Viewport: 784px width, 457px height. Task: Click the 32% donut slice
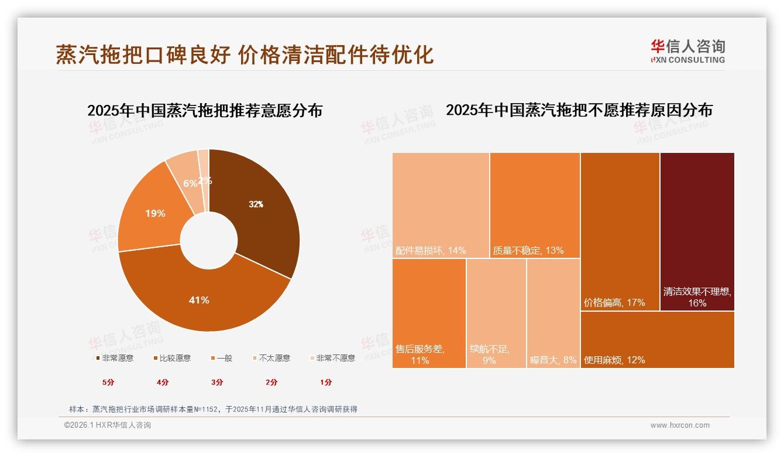(257, 211)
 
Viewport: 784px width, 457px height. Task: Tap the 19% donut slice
(153, 216)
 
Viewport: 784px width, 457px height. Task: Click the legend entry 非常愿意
(115, 358)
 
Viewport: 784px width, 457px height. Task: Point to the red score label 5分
(108, 382)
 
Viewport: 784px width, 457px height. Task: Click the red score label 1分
(326, 382)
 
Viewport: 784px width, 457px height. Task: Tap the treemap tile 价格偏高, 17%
(620, 231)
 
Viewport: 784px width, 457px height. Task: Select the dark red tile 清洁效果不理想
(697, 231)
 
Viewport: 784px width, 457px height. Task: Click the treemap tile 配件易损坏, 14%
(441, 205)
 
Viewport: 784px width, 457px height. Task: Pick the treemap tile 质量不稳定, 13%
(535, 205)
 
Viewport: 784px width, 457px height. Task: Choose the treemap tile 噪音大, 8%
(553, 313)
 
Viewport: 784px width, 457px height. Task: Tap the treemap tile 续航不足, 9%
(496, 313)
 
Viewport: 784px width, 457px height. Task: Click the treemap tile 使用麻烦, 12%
(657, 340)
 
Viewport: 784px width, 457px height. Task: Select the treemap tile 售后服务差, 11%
(429, 313)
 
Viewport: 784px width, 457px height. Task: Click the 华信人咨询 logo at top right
(687, 51)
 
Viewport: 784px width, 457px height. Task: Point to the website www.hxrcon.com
(680, 425)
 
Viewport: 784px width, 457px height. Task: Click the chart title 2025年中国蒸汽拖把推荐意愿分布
(205, 111)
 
